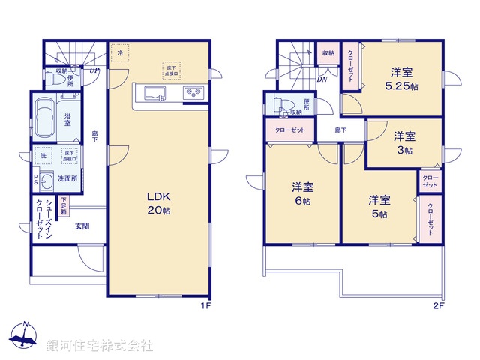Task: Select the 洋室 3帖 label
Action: (405, 142)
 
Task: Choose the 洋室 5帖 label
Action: (379, 208)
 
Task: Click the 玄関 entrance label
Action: (82, 226)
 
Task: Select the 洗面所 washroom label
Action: (69, 179)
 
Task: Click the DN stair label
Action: (322, 79)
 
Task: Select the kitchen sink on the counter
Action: (156, 94)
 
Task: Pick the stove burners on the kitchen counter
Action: (193, 94)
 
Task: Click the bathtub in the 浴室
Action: (44, 120)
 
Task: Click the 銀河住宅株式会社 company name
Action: (100, 346)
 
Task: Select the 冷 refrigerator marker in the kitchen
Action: (120, 54)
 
